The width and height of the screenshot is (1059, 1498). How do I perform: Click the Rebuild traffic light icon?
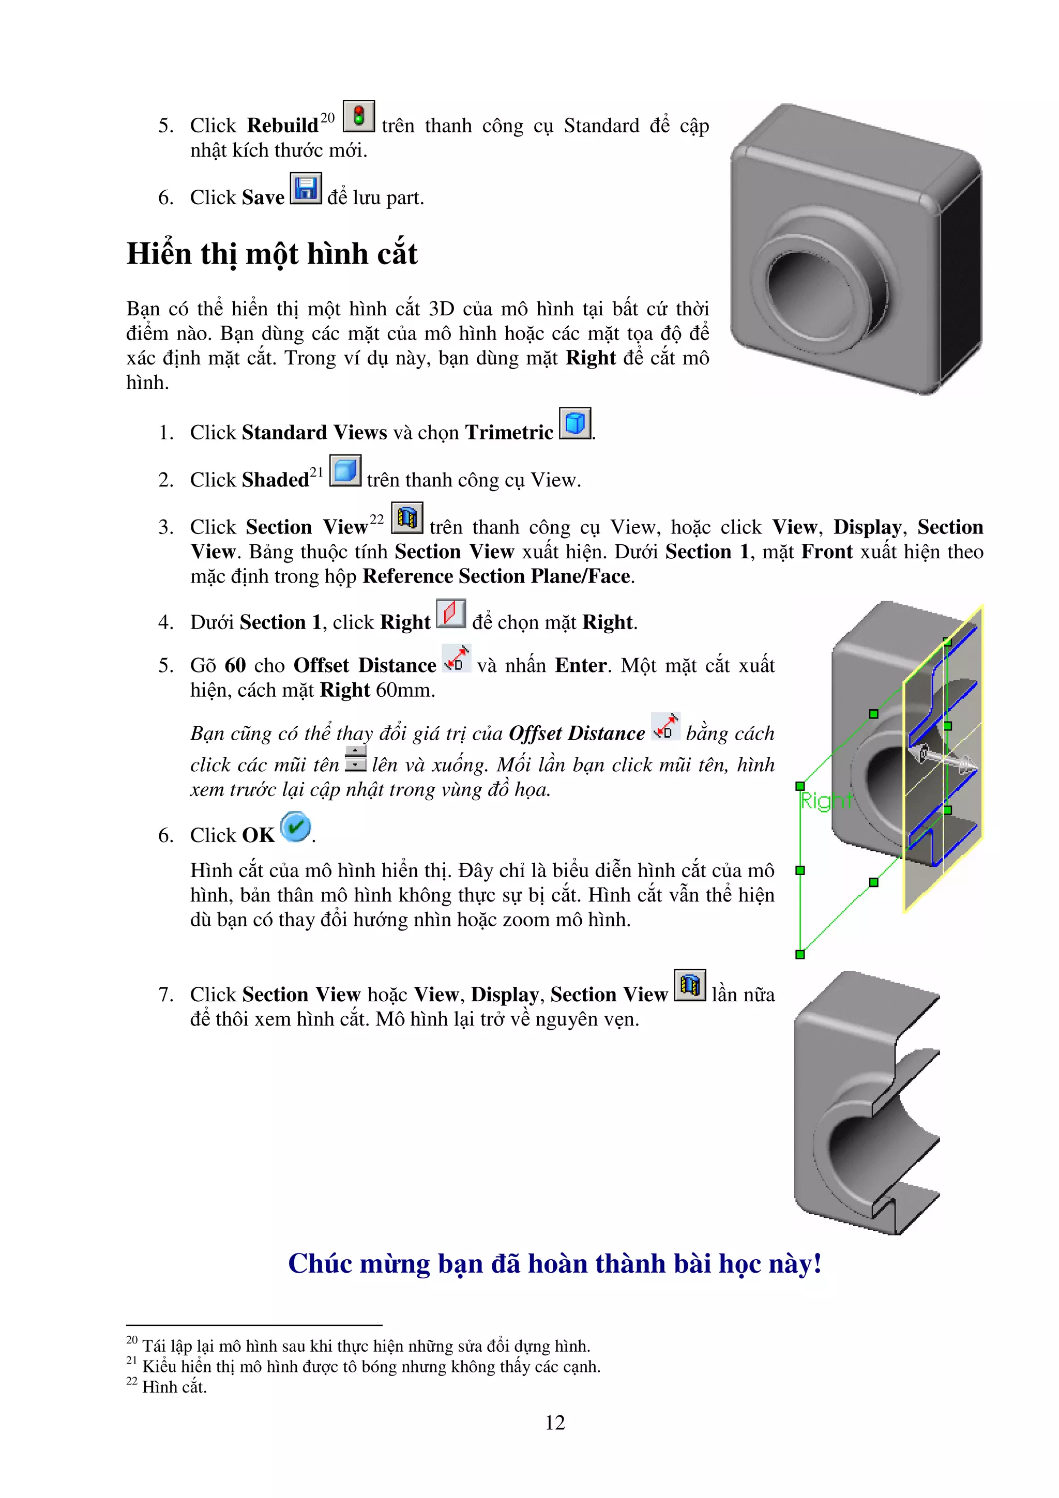tap(358, 116)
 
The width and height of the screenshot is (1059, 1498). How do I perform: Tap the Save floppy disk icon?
tap(306, 189)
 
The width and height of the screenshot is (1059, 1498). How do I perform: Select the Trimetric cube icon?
tap(575, 423)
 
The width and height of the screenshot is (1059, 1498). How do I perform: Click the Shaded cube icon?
tap(345, 470)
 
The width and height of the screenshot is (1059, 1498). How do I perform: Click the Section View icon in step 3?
tap(406, 518)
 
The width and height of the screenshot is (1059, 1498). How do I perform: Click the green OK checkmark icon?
tap(296, 827)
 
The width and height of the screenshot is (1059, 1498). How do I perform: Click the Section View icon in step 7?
tap(690, 985)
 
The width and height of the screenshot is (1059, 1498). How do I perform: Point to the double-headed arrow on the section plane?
tap(948, 759)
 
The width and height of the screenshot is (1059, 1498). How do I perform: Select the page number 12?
tap(555, 1423)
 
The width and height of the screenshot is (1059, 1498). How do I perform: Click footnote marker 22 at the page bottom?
tap(131, 1381)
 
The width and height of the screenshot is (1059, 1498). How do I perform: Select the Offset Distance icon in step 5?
tap(456, 659)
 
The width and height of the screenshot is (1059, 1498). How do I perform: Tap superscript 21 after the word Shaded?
tap(316, 472)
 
